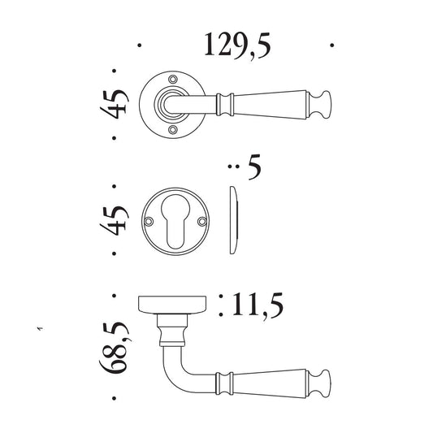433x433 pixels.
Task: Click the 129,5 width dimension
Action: coord(237,45)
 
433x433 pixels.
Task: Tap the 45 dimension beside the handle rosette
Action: coord(115,104)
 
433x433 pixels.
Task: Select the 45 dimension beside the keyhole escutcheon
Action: coord(115,220)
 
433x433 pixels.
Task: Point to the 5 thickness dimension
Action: coord(254,167)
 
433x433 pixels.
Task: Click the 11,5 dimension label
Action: coord(258,306)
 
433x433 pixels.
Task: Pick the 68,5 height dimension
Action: coord(115,347)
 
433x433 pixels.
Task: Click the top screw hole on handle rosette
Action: coord(173,80)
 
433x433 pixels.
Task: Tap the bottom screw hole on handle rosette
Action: coord(173,129)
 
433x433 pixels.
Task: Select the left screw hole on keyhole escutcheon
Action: coord(149,221)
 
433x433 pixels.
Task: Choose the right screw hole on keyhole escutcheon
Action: coord(202,221)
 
